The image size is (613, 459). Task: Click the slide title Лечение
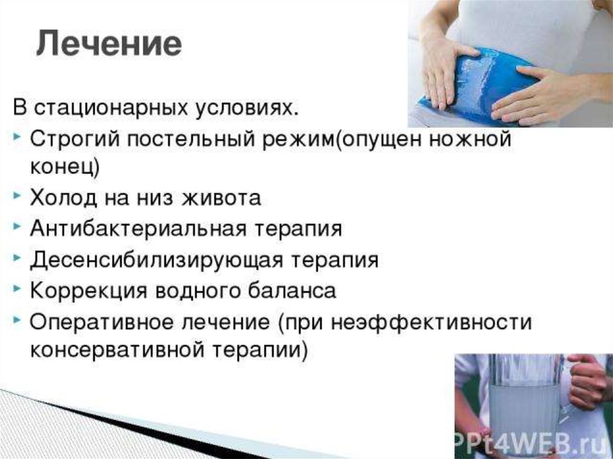(x=109, y=44)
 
